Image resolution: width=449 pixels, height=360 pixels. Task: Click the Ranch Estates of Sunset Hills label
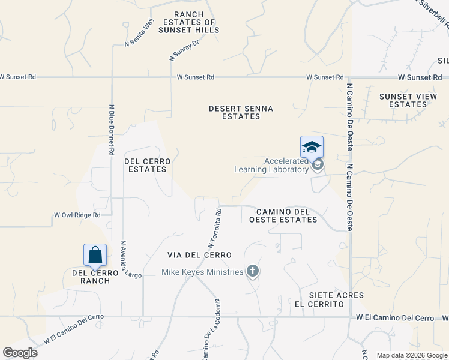188,22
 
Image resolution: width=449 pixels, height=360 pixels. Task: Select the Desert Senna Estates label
241,112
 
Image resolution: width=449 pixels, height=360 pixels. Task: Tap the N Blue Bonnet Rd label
112,130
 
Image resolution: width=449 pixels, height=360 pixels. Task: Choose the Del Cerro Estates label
147,165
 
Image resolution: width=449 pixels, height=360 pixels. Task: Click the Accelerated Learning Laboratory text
271,165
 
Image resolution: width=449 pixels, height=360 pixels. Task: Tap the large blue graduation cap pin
312,147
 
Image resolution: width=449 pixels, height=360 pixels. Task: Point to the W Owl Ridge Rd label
77,214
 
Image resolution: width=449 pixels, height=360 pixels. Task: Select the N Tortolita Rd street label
215,229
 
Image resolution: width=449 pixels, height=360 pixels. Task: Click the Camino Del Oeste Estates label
286,215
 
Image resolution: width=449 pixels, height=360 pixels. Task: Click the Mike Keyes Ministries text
202,272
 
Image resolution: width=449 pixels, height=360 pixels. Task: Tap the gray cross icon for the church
253,272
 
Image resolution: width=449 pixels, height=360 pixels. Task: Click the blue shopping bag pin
95,255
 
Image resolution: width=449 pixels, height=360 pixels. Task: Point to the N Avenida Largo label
130,260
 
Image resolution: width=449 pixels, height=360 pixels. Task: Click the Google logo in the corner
20,353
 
